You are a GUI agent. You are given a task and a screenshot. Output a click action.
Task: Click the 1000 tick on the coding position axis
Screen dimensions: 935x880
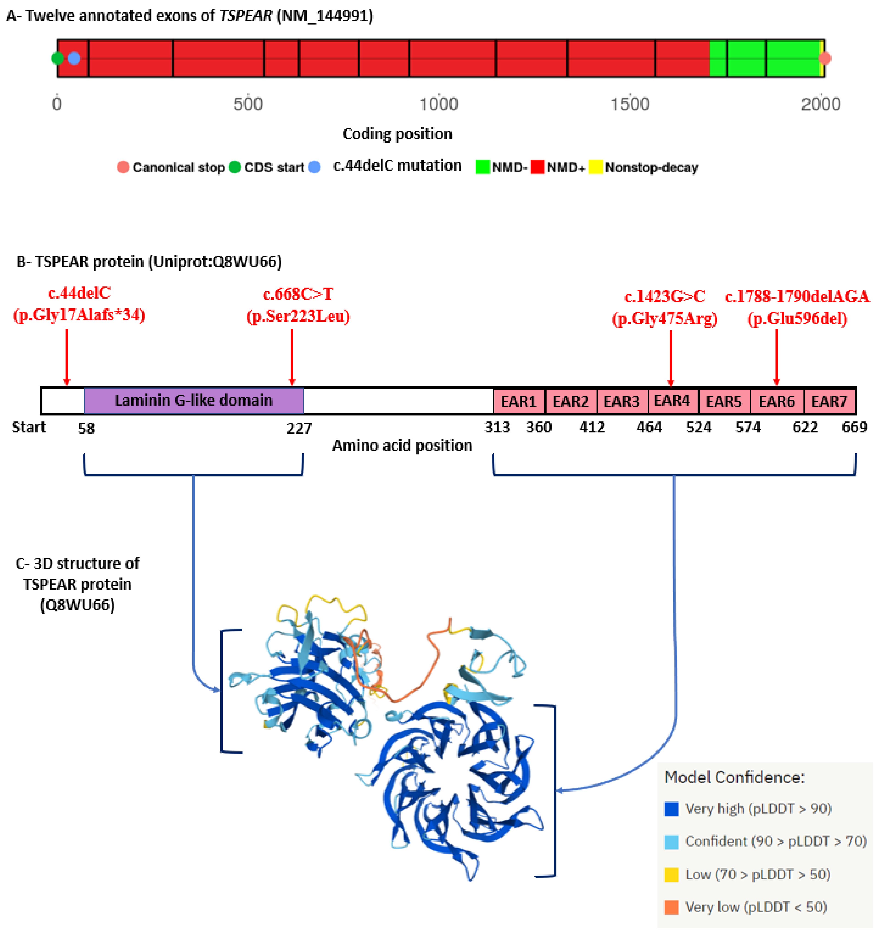click(438, 104)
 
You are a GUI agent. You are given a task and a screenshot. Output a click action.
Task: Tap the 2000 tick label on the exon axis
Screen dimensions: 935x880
click(821, 104)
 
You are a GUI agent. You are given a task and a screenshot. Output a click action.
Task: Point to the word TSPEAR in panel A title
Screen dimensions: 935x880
click(245, 16)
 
